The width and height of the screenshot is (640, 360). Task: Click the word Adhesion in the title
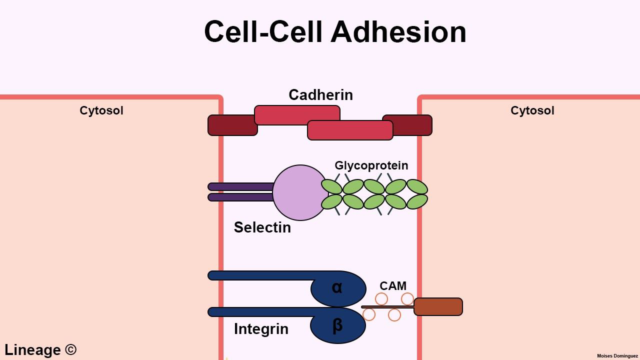(398, 32)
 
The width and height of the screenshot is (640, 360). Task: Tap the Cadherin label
(320, 95)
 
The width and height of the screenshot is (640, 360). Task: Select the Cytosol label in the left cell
(101, 110)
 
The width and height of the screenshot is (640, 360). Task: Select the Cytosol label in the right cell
(532, 110)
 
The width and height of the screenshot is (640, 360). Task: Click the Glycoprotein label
(371, 165)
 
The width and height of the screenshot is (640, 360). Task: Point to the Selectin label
(262, 227)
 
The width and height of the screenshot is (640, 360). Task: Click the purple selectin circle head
(299, 192)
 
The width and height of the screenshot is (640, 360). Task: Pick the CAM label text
(392, 286)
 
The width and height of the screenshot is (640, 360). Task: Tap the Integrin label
(261, 329)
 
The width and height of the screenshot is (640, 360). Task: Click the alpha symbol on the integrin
(337, 287)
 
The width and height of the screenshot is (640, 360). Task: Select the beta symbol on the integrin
(337, 325)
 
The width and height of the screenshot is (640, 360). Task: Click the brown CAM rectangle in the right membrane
(438, 306)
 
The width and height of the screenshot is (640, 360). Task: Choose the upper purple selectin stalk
(240, 186)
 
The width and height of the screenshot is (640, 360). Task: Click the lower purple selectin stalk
(240, 197)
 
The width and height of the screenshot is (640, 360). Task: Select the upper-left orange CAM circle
(381, 299)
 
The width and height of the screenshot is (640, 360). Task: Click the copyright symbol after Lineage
(71, 349)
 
